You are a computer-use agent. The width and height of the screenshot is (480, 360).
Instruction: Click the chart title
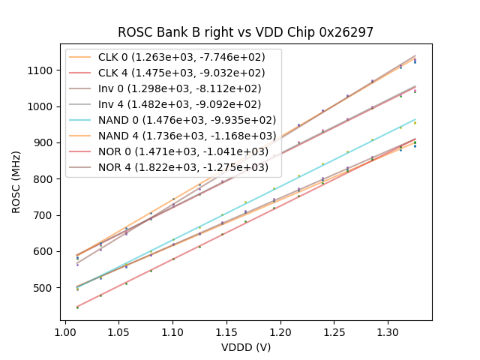point(245,32)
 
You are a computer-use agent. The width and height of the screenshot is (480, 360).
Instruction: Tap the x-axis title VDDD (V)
point(245,347)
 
